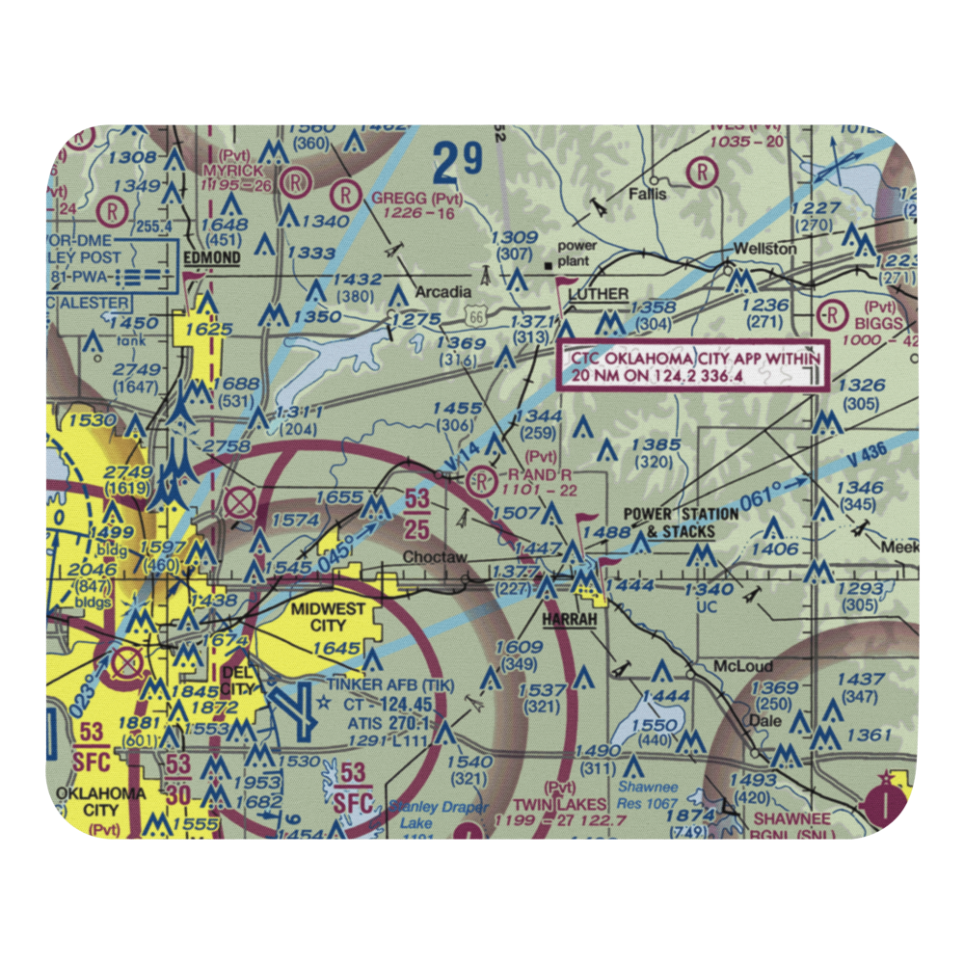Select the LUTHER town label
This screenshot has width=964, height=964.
pyautogui.click(x=598, y=293)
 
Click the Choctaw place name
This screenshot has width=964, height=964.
pyautogui.click(x=435, y=557)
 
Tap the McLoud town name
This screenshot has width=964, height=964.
pyautogui.click(x=737, y=666)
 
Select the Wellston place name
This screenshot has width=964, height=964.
pyautogui.click(x=764, y=249)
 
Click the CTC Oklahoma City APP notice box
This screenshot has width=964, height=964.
pyautogui.click(x=693, y=366)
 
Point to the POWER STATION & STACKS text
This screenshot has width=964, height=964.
pyautogui.click(x=681, y=522)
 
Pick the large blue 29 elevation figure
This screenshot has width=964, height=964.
pyautogui.click(x=456, y=163)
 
